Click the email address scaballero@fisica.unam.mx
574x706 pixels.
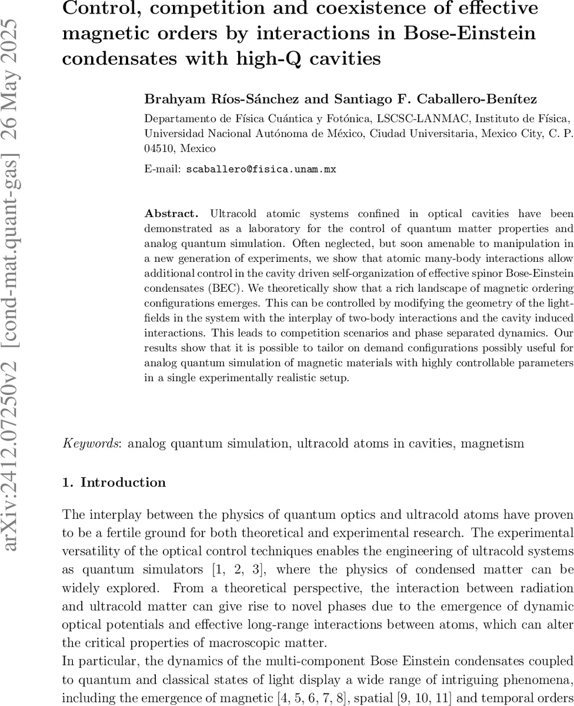(261, 169)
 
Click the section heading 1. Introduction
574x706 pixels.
(114, 482)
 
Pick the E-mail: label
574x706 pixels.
(163, 169)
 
